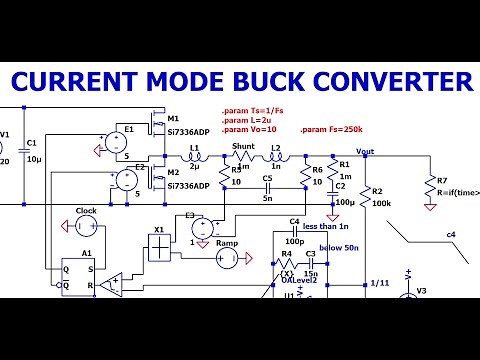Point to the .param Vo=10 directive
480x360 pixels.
click(248, 130)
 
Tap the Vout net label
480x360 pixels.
click(365, 153)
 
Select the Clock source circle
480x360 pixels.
click(86, 226)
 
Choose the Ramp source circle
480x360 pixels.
click(227, 259)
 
